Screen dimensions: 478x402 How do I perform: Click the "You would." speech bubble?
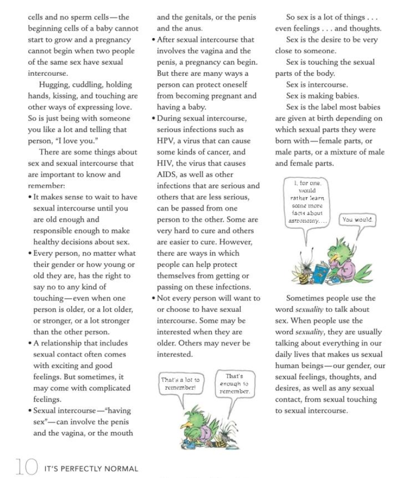click(x=357, y=220)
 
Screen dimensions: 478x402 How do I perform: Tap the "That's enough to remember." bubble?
click(x=234, y=383)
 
